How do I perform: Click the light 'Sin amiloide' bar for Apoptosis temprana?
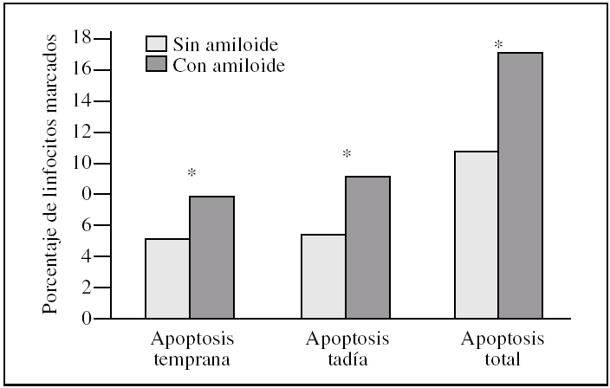tap(167, 278)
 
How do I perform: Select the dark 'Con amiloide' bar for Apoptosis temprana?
tap(211, 257)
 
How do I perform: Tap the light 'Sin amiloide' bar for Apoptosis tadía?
tap(323, 276)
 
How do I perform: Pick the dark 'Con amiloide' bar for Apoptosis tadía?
tap(367, 247)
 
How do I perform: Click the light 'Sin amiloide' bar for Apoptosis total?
tap(477, 235)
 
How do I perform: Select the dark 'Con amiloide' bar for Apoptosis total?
tap(520, 185)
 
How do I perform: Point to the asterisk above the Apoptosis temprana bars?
tap(191, 174)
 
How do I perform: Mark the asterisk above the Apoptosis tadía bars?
tap(347, 155)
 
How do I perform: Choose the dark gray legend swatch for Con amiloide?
tap(156, 65)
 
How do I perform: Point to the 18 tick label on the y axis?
tap(82, 38)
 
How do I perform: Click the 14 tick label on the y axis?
tap(82, 100)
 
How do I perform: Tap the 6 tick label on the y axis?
tap(87, 225)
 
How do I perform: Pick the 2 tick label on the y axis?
tap(87, 288)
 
